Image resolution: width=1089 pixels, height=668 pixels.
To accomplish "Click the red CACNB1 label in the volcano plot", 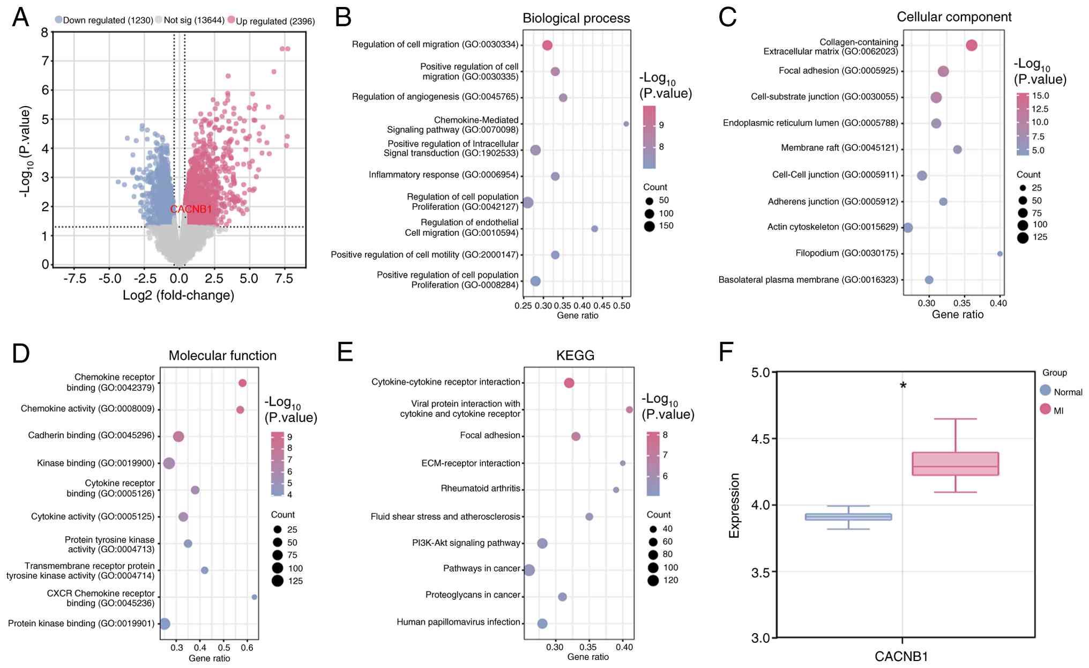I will (191, 209).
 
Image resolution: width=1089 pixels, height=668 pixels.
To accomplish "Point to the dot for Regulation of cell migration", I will (547, 46).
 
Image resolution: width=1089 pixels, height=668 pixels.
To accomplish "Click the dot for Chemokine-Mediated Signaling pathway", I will (626, 124).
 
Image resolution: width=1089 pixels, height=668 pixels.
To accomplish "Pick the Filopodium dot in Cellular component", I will (1000, 254).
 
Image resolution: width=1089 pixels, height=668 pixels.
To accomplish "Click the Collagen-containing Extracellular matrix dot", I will (972, 46).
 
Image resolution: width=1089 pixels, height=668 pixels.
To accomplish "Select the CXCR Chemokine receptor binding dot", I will (254, 597).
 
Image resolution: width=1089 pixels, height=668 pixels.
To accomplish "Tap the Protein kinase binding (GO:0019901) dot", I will (165, 624).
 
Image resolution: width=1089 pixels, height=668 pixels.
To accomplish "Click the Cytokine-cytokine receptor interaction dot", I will (569, 383).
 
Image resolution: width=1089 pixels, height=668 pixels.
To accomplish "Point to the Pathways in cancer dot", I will (529, 570).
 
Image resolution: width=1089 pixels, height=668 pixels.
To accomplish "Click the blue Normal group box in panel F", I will (848, 517).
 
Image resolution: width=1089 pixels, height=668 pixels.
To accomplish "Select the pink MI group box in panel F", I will (956, 464).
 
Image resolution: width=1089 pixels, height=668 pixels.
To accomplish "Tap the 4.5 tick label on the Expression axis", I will (760, 439).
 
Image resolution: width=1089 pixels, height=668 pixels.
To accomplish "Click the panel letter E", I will (345, 353).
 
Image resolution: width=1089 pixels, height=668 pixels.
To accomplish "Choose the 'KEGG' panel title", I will (575, 355).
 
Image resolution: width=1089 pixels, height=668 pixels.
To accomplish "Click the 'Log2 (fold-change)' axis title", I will (178, 295).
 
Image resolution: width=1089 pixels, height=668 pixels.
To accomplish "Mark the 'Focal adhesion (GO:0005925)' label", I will (838, 71).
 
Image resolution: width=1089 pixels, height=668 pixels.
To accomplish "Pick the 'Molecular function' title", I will (222, 355).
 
